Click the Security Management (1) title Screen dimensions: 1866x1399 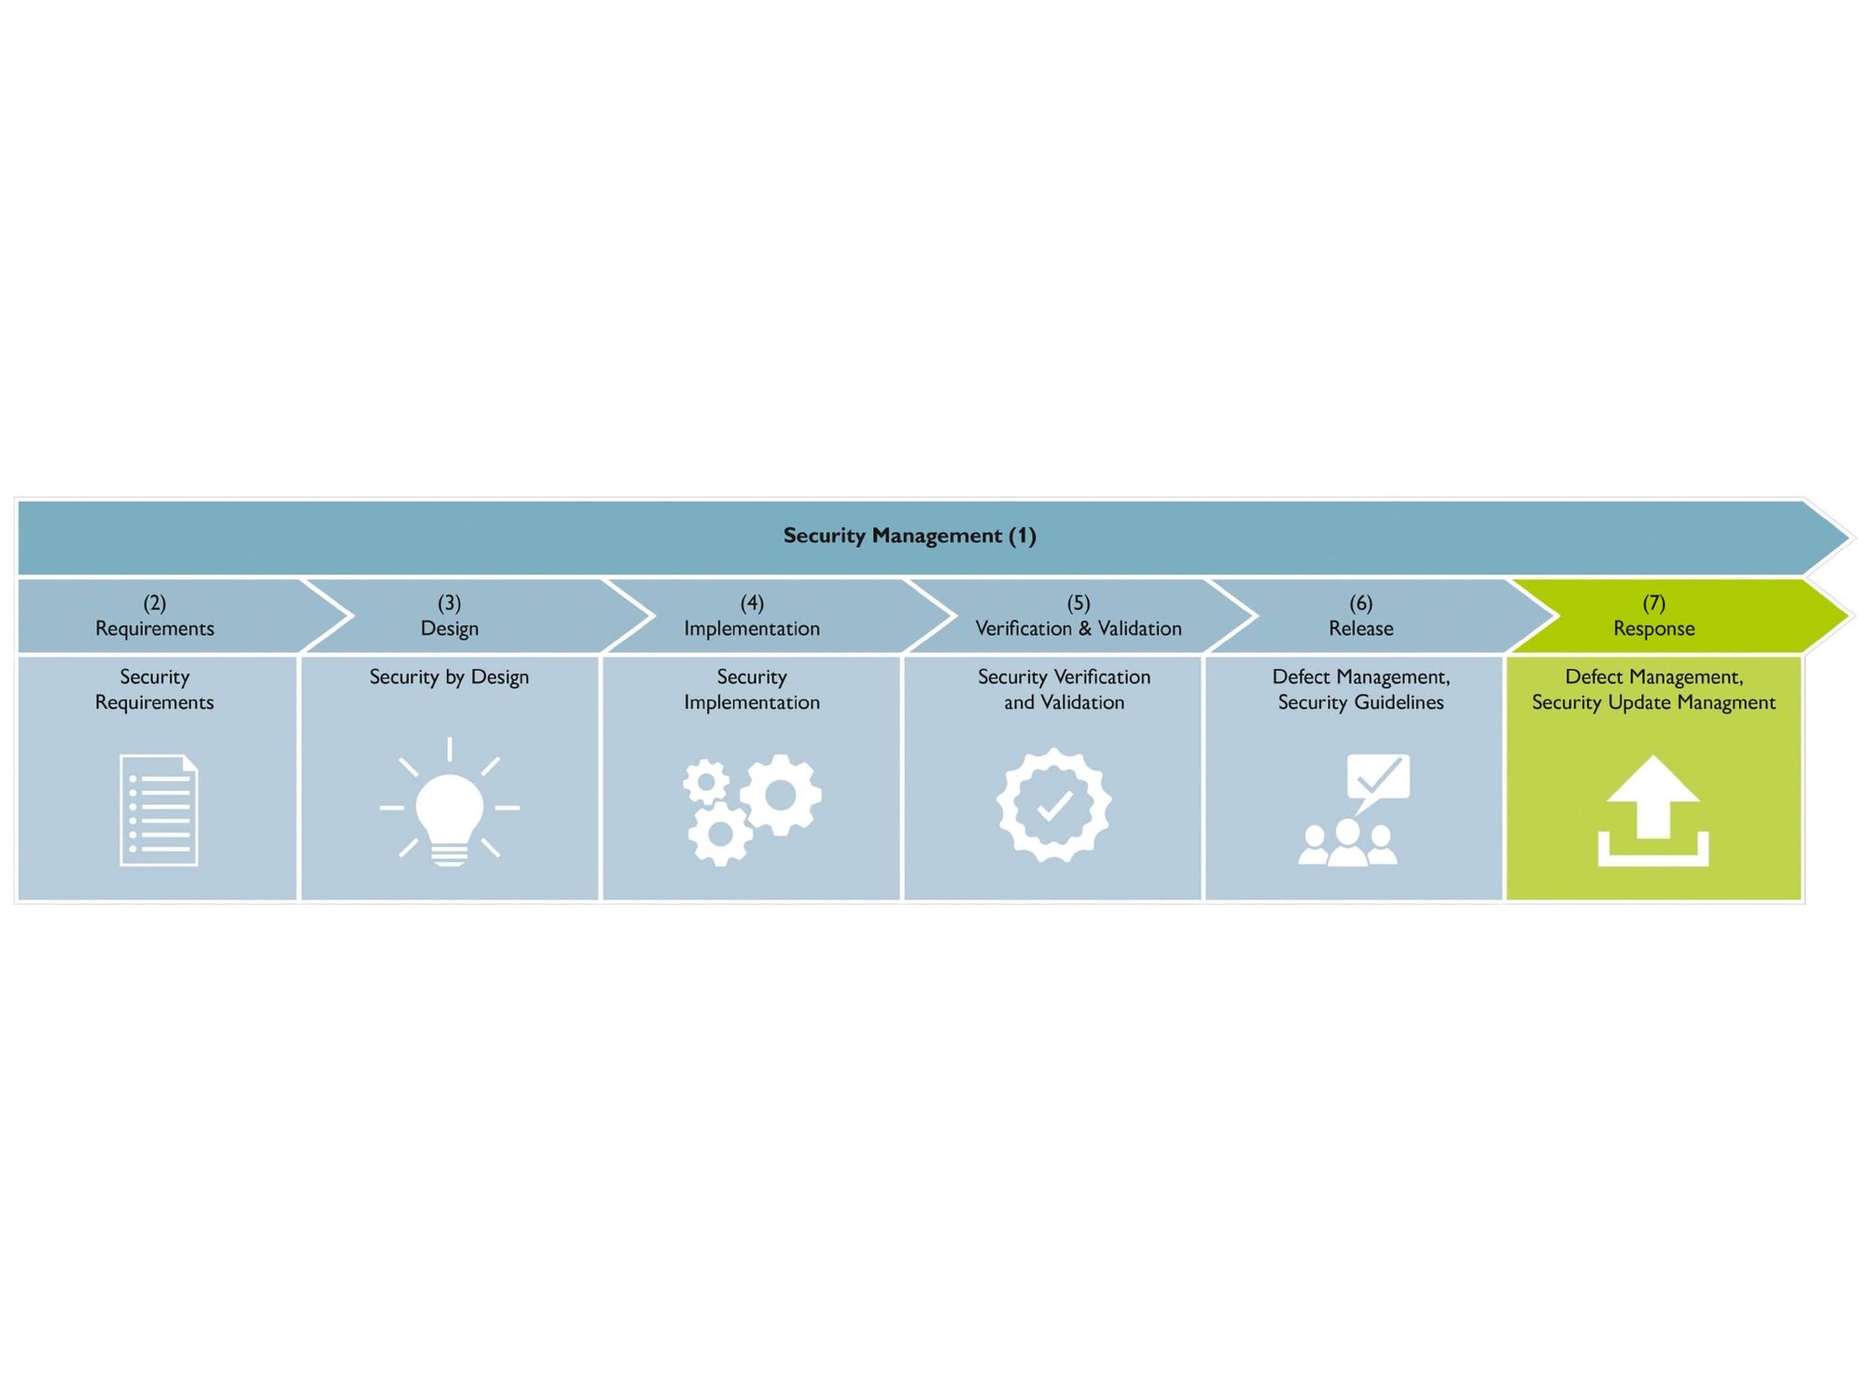(x=910, y=535)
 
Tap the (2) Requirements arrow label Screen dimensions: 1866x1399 (x=155, y=616)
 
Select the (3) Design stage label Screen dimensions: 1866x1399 (x=450, y=616)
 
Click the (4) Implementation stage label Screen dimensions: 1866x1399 (x=752, y=616)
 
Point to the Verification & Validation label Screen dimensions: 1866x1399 (x=1079, y=629)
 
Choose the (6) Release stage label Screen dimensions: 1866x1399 (x=1361, y=616)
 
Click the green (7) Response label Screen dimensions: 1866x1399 (x=1654, y=616)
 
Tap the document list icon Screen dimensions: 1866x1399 (x=159, y=810)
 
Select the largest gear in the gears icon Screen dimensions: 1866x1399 (x=781, y=795)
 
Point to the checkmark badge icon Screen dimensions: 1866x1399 (x=1053, y=805)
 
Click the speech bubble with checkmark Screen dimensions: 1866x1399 (x=1377, y=782)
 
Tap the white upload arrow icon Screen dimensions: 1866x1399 (x=1653, y=810)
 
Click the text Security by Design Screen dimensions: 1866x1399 (x=449, y=678)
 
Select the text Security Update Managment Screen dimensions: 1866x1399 (x=1653, y=703)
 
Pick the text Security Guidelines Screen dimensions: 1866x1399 (x=1361, y=703)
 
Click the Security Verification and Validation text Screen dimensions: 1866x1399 (x=1065, y=690)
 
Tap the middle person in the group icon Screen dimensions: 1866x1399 (x=1348, y=842)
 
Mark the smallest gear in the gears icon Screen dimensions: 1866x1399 (x=706, y=782)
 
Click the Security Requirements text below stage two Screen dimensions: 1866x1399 (x=155, y=690)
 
